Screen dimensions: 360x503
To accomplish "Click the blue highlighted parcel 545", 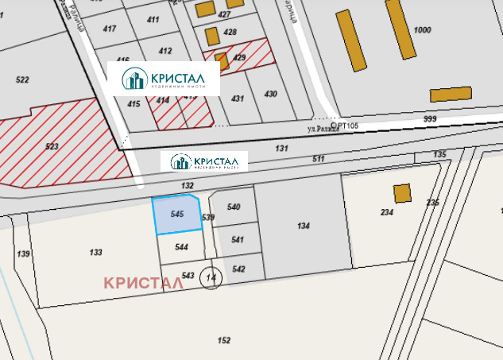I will tap(177, 215).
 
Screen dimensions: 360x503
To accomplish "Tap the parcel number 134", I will tap(304, 226).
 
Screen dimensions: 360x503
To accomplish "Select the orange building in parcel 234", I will tap(402, 192).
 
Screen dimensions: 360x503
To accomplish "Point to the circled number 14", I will tap(211, 277).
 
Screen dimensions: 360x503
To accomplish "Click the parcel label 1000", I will tap(423, 30).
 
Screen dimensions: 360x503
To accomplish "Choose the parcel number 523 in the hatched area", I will tap(52, 146).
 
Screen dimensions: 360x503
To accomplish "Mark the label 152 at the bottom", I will tap(224, 340).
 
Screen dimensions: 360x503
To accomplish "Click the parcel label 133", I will tap(95, 252).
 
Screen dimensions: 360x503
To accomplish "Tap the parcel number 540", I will tap(234, 207).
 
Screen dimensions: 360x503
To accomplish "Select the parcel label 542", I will tap(238, 269).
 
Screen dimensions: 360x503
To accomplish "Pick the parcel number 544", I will tap(182, 247).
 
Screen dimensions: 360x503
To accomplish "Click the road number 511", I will tap(319, 159).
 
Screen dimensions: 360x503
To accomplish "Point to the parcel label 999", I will tap(430, 118).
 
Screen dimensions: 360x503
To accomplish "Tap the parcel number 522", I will tap(22, 79).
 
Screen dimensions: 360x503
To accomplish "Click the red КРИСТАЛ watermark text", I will tap(149, 282).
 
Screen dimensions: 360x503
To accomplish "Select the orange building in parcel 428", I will tap(212, 36).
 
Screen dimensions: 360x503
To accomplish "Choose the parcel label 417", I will tap(109, 29).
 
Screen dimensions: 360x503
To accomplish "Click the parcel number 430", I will tap(271, 94).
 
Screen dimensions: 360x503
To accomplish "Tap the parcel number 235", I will tap(433, 203).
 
